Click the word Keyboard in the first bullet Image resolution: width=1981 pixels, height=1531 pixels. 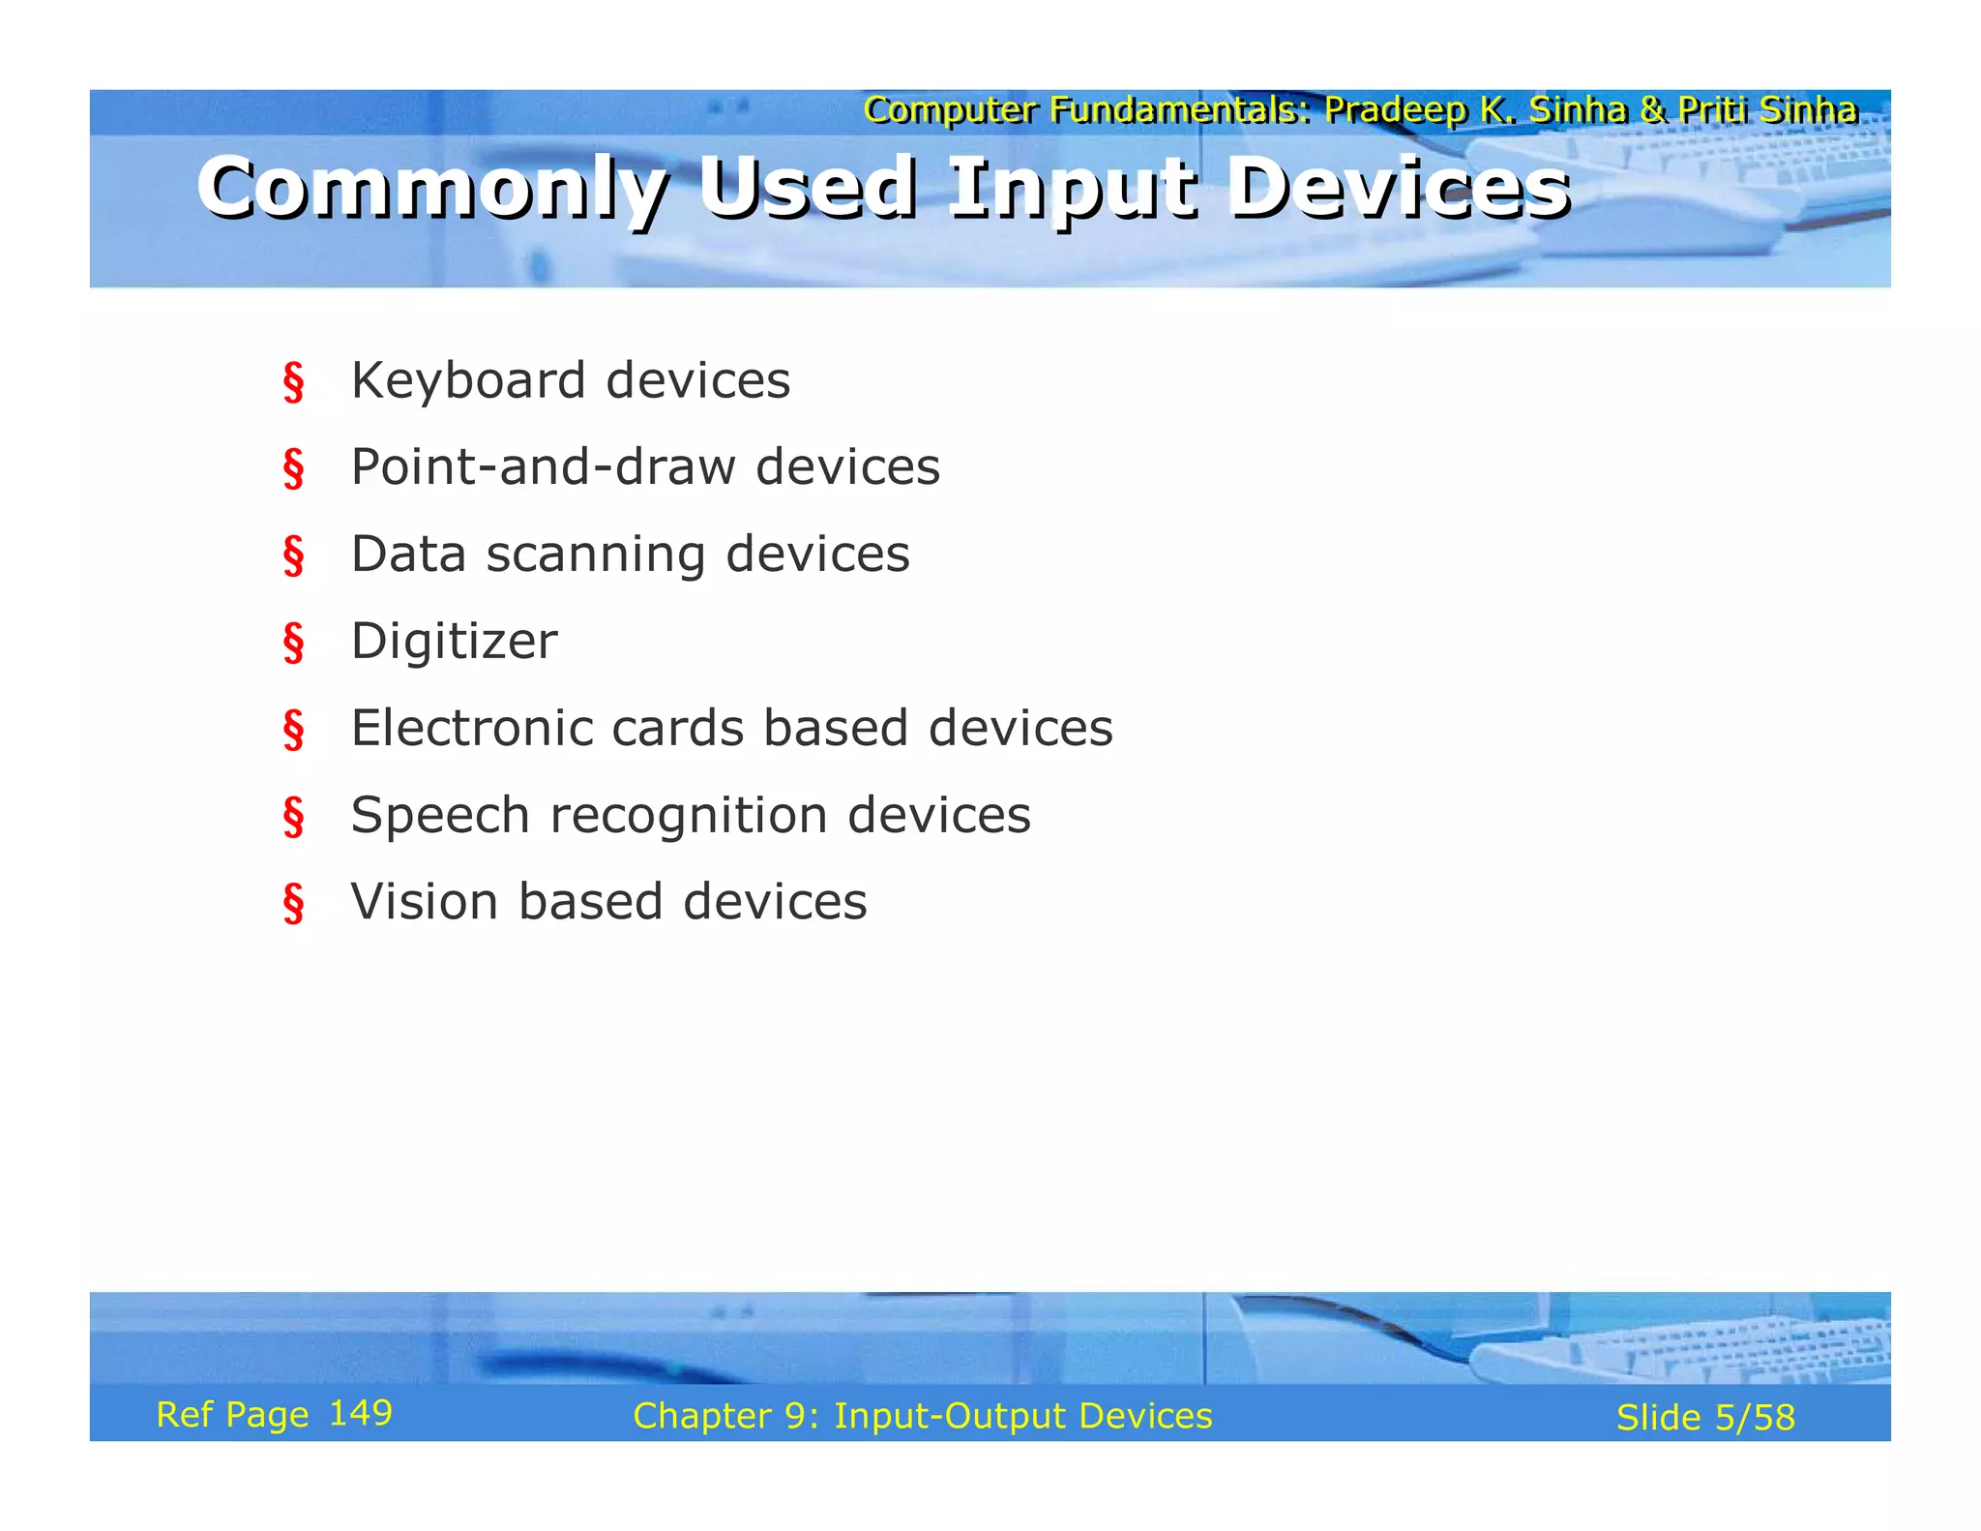pos(468,380)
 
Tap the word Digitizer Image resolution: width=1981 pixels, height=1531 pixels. pos(454,642)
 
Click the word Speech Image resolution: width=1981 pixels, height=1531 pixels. pos(440,816)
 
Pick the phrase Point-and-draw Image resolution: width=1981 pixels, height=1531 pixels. pos(543,467)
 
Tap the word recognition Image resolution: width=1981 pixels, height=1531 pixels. pos(689,815)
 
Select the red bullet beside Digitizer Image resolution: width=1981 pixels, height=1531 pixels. pos(293,643)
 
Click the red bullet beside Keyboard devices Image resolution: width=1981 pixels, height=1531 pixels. pos(293,382)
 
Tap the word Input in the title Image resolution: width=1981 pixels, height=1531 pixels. pos(1072,189)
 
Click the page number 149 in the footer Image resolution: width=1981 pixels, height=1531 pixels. pos(360,1413)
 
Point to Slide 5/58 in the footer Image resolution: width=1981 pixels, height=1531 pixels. pos(1704,1418)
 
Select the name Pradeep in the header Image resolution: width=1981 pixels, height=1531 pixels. pos(1395,110)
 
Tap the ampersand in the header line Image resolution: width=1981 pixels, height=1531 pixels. pos(1654,110)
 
